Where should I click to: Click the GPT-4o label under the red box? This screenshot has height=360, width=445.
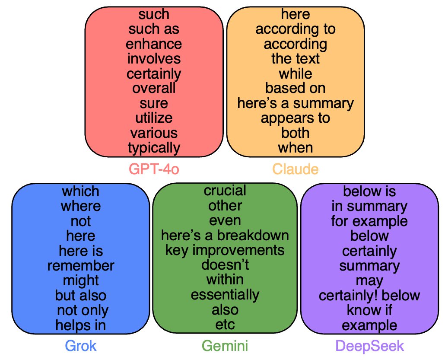click(154, 169)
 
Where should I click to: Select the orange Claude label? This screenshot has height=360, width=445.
click(296, 169)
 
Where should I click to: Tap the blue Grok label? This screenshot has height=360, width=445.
click(81, 346)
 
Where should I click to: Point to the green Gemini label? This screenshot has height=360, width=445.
click(225, 346)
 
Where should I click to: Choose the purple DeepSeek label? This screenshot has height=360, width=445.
click(369, 346)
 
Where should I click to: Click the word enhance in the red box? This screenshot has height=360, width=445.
click(154, 44)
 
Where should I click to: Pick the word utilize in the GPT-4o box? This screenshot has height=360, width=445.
click(154, 118)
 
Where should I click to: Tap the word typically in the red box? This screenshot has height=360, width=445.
click(154, 148)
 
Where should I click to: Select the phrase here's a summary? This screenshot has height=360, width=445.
click(296, 103)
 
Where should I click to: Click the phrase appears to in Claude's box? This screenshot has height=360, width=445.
click(296, 118)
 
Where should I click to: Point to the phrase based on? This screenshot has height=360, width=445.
click(296, 88)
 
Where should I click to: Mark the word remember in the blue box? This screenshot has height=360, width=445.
click(81, 265)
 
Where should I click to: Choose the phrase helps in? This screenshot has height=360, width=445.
click(81, 325)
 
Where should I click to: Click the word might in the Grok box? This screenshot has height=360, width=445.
click(81, 280)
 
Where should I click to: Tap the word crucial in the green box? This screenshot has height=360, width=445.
click(225, 191)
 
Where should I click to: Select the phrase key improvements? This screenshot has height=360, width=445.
click(225, 250)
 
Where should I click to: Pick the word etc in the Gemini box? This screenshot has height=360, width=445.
click(225, 324)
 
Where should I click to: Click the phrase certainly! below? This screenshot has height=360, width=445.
click(369, 295)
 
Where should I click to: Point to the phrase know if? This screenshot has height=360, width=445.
click(369, 310)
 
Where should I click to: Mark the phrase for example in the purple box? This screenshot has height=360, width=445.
click(369, 221)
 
